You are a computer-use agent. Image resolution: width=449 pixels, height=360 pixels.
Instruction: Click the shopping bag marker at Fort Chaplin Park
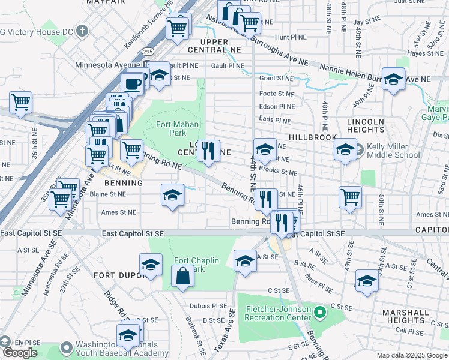(182, 277)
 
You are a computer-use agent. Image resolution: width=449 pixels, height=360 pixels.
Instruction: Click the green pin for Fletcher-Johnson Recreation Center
(320, 312)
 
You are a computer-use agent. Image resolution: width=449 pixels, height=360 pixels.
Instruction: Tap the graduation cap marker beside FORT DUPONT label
(151, 264)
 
